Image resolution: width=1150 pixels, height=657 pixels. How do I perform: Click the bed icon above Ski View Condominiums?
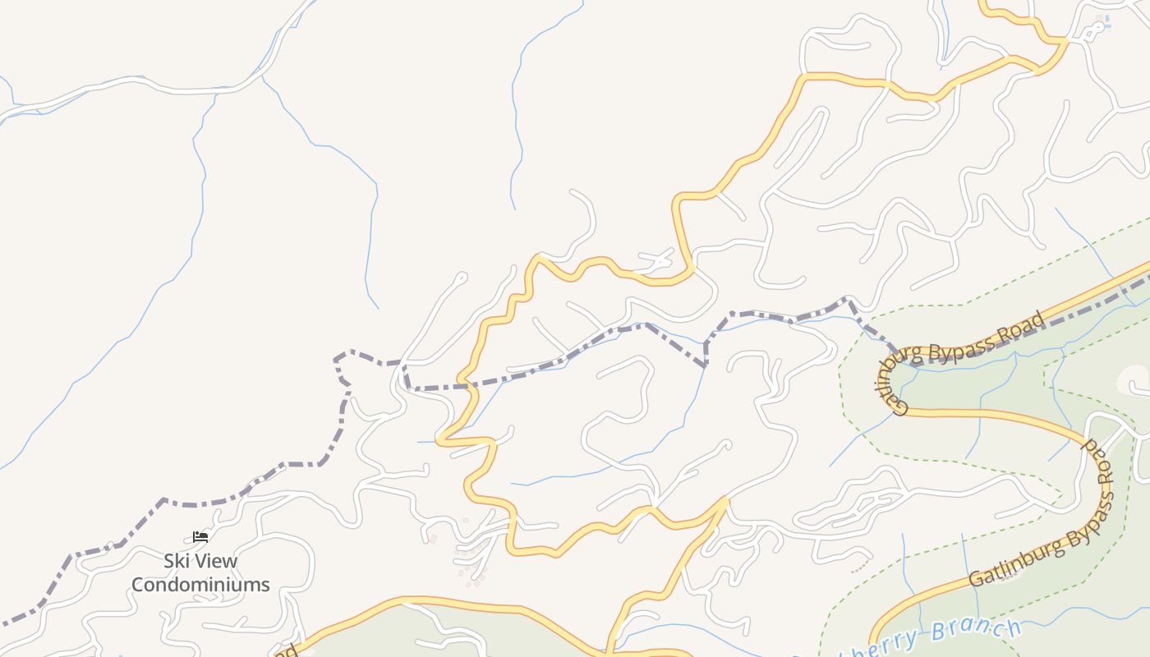(x=200, y=537)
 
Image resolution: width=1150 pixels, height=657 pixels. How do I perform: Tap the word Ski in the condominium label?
(x=177, y=562)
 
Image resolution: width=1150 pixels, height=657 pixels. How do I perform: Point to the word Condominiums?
(x=200, y=585)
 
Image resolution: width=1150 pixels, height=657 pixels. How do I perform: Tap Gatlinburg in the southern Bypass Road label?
(x=1014, y=563)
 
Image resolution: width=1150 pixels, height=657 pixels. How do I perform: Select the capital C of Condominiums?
(x=138, y=585)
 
